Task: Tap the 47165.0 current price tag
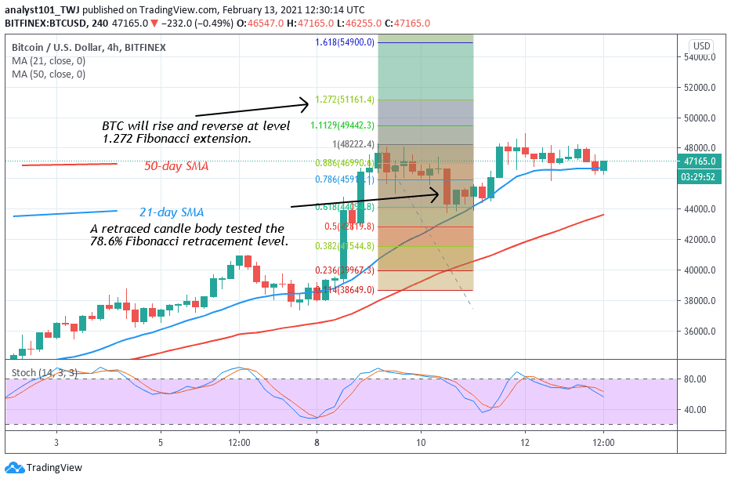(701, 161)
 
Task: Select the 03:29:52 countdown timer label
(701, 177)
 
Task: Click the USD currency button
(701, 46)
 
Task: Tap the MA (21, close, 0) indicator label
(49, 62)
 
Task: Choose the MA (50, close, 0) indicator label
(49, 74)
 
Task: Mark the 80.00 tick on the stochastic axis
(696, 379)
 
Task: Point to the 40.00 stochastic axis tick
(696, 409)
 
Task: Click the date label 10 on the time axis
(421, 443)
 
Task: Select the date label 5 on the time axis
(161, 443)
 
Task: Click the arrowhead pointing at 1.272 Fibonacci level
(306, 102)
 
